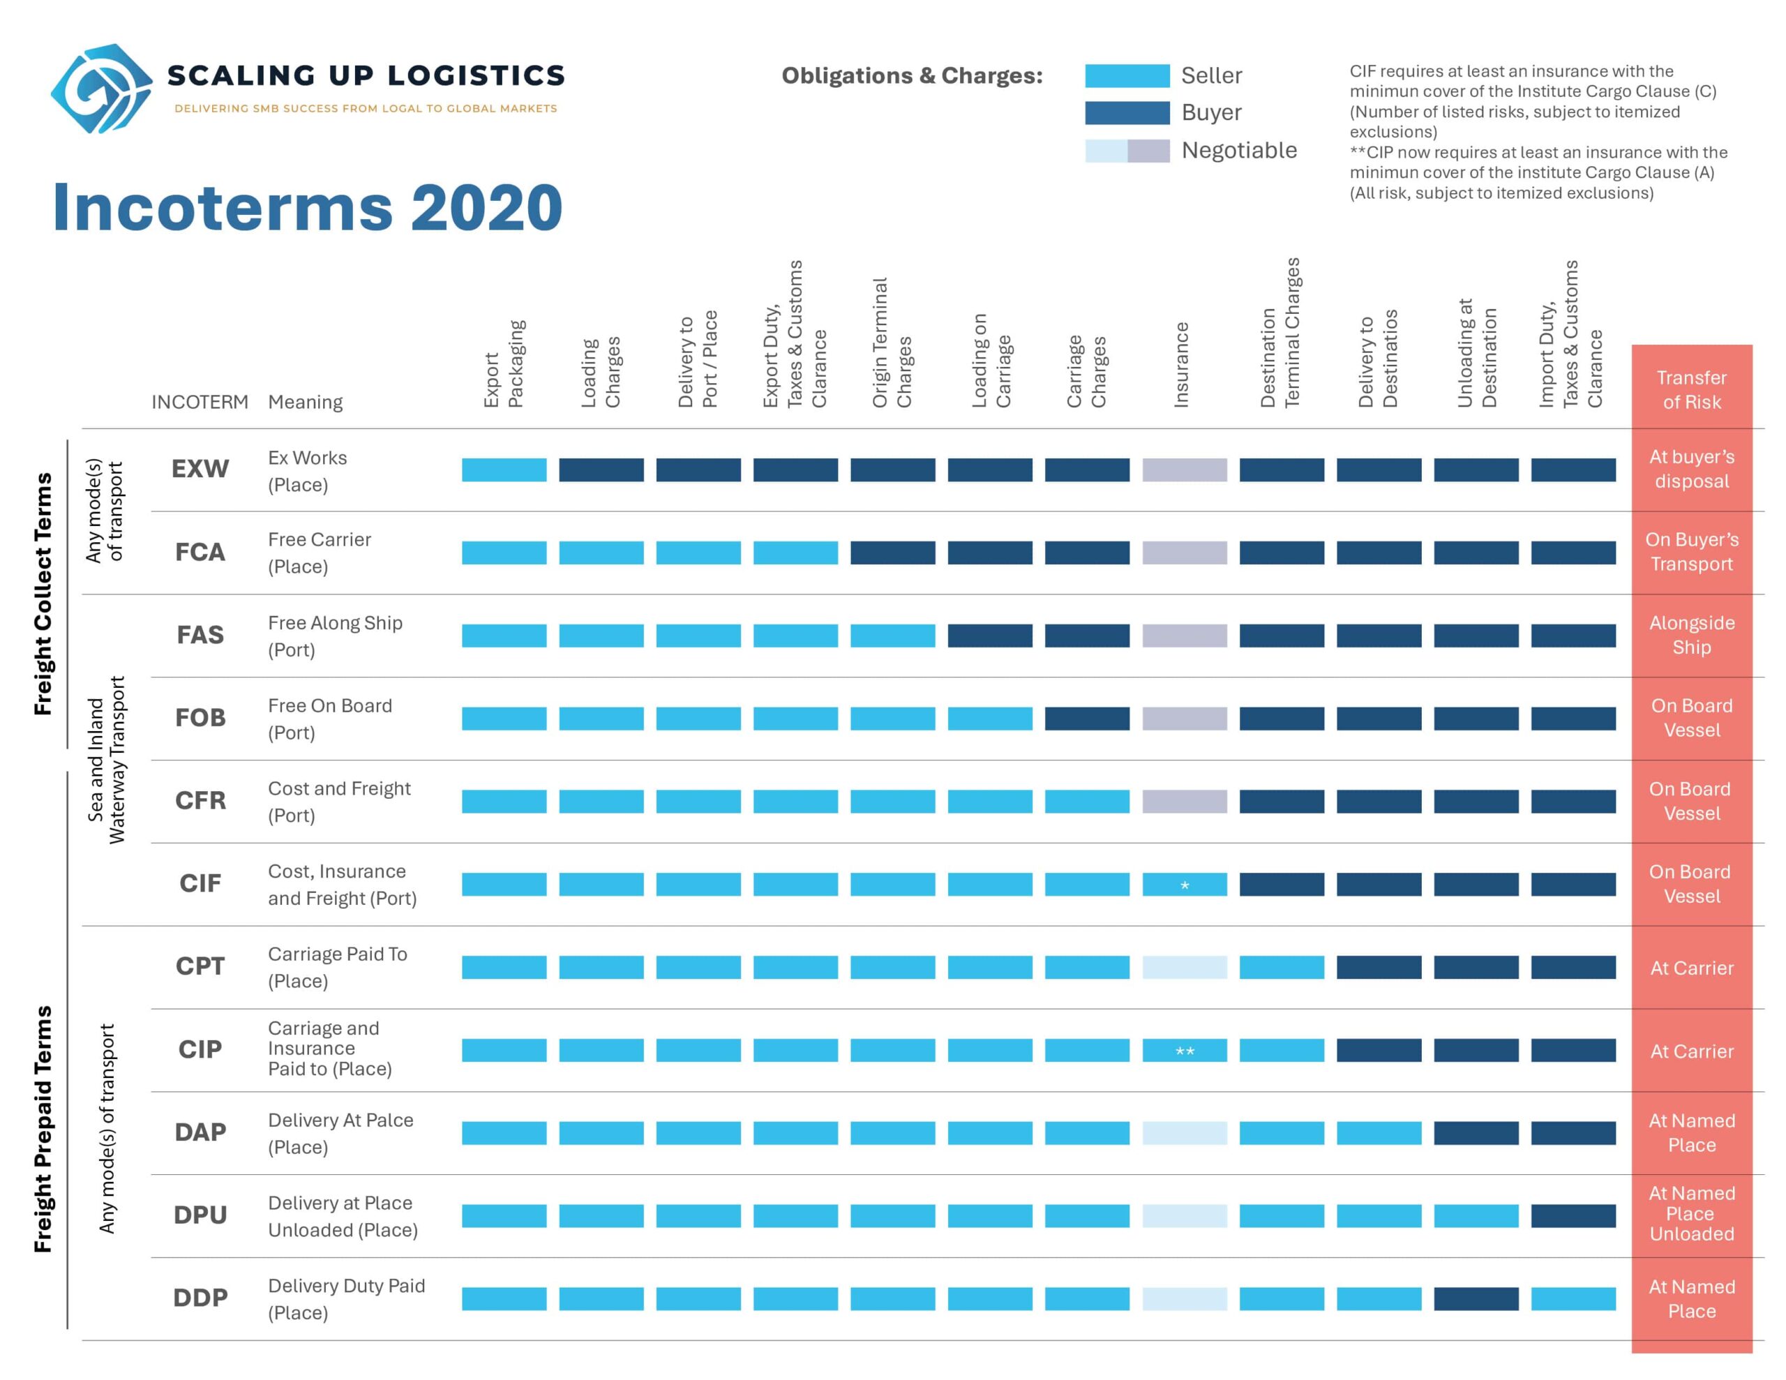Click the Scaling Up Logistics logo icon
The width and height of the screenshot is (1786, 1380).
(101, 89)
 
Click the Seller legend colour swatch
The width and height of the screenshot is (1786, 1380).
(1127, 75)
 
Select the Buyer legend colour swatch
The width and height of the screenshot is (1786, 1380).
(1127, 113)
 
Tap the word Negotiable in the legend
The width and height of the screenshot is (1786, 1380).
(1239, 151)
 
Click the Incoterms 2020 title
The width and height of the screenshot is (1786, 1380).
(308, 207)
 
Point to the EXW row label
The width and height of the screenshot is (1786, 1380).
(200, 469)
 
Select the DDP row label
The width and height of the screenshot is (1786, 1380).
(200, 1298)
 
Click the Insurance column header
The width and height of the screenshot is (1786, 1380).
(1181, 365)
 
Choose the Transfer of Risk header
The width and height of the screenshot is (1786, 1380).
(1691, 389)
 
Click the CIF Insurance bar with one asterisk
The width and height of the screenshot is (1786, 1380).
(1184, 884)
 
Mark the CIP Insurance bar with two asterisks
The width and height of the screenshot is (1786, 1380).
(1184, 1050)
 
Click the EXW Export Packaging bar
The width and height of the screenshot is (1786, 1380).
(504, 470)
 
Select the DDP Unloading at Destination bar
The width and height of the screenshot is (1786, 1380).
(1476, 1299)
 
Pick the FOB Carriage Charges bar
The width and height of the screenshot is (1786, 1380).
(1087, 718)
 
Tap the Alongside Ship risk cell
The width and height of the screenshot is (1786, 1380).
(1691, 635)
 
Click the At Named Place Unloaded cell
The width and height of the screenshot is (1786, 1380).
(1691, 1214)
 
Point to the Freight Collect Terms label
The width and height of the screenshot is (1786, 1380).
(43, 594)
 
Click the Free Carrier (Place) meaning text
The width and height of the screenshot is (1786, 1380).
(319, 553)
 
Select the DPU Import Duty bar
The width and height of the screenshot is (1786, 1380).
(1573, 1215)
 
